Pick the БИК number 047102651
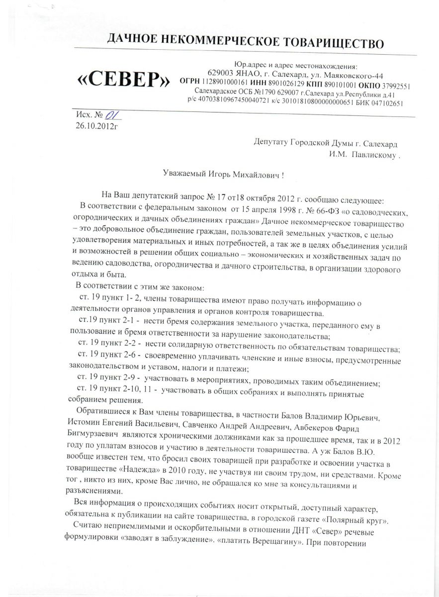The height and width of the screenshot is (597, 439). [384, 103]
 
